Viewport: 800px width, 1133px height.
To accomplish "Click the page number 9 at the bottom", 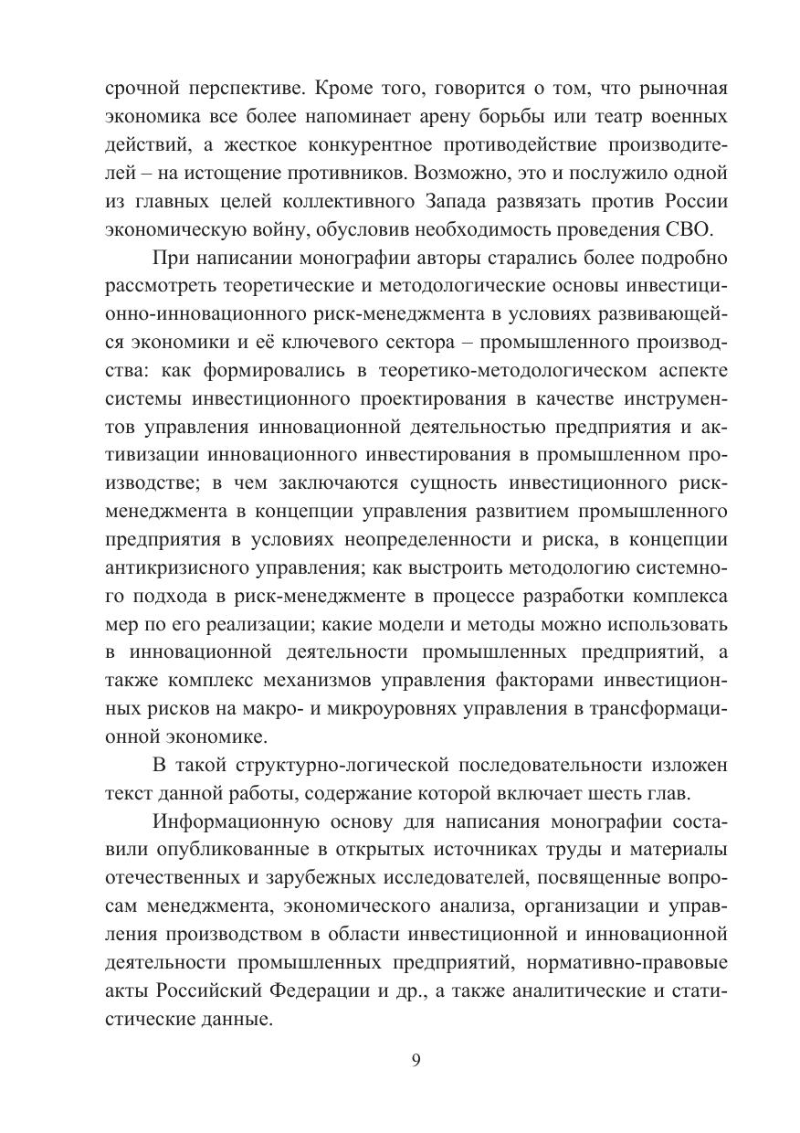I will (x=416, y=1061).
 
